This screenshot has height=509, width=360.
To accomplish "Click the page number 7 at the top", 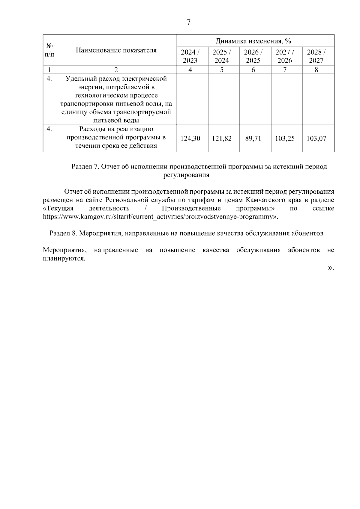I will [x=188, y=22].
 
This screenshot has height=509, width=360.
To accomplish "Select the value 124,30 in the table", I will [x=190, y=138].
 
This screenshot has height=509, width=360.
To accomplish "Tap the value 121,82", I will [x=222, y=138].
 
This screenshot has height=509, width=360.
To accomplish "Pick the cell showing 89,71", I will [x=253, y=138].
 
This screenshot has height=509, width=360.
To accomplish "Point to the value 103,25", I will [x=285, y=138].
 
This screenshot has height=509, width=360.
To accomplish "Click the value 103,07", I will [x=316, y=138].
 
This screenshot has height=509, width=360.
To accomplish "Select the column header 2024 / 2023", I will [x=190, y=56].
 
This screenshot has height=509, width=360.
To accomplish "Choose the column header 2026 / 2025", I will [x=253, y=56].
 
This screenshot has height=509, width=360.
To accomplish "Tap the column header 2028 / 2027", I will [x=316, y=56].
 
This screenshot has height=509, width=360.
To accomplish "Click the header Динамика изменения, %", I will [x=253, y=41].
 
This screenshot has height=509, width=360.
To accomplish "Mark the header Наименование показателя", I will [x=116, y=50].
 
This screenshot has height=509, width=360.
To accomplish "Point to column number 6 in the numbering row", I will [x=253, y=70].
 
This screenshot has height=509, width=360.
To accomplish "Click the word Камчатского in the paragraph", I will [x=263, y=200].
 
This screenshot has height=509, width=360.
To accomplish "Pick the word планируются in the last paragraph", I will [x=63, y=258].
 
